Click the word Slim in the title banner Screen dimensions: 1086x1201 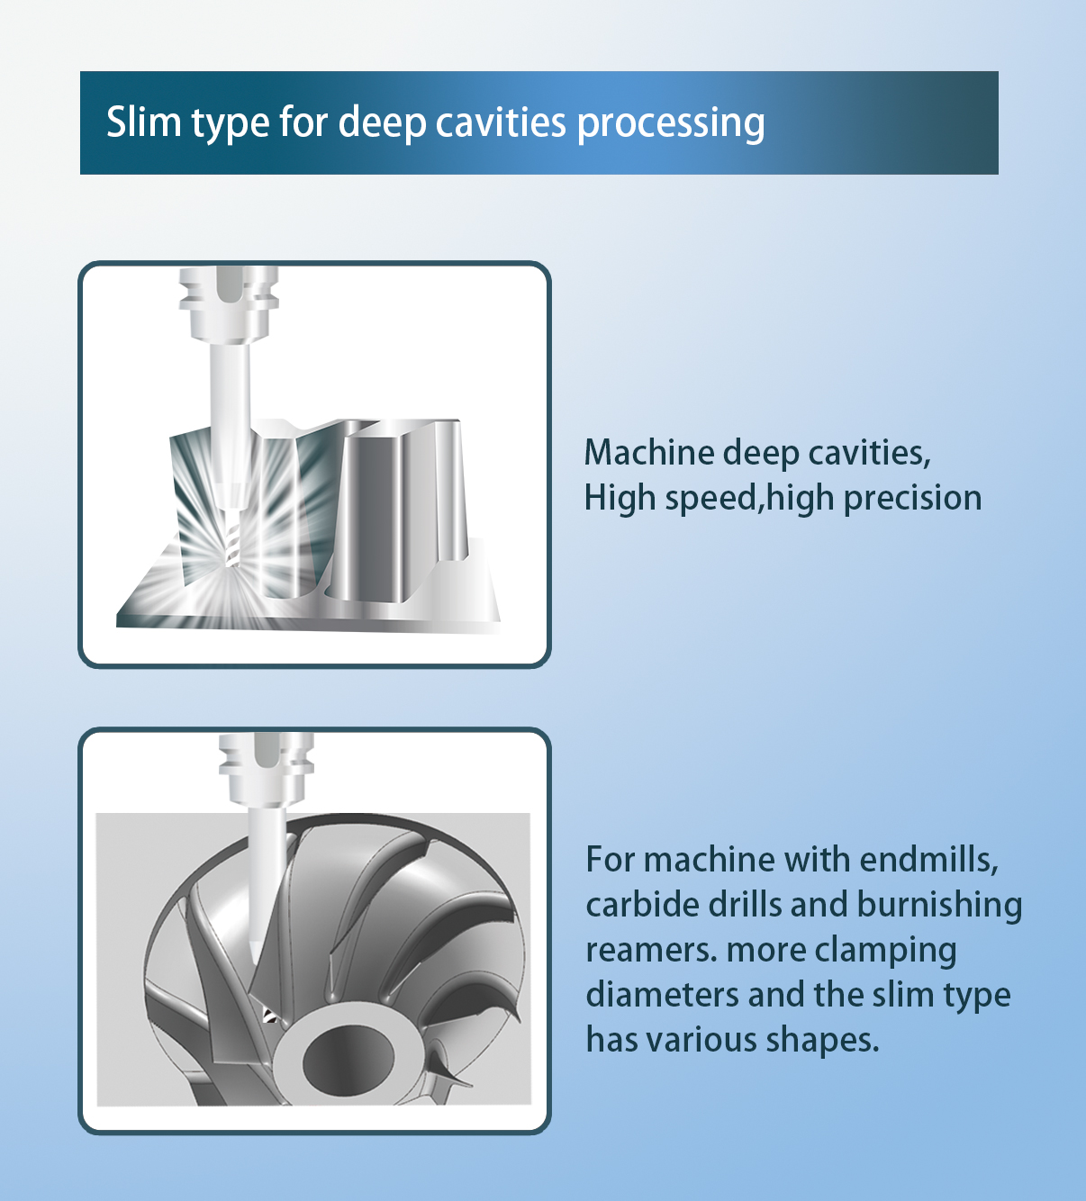[x=144, y=122]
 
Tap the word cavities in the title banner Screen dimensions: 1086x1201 [x=501, y=122]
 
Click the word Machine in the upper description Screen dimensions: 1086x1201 [x=649, y=453]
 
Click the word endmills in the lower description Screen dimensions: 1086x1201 [x=929, y=861]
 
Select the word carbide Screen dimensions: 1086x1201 [x=643, y=905]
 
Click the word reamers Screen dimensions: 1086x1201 [x=651, y=951]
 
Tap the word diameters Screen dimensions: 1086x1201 [x=662, y=995]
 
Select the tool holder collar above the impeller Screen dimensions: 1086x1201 [x=267, y=771]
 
